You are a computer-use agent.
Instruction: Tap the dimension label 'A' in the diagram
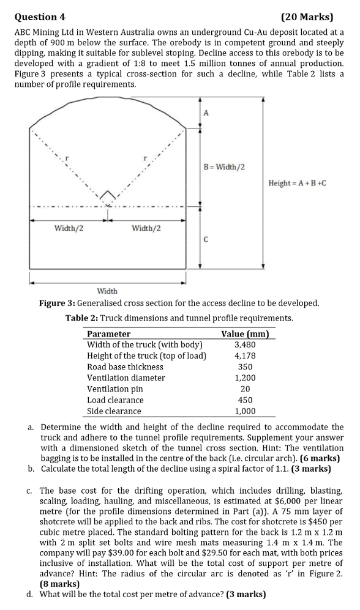206,113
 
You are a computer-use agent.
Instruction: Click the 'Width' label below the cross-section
108,291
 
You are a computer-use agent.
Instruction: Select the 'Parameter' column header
108,334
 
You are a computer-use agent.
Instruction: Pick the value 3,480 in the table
245,344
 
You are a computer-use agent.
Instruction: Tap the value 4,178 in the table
245,355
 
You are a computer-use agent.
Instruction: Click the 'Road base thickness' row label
126,366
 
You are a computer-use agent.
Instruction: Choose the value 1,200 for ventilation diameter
245,378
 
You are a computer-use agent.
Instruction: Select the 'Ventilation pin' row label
115,389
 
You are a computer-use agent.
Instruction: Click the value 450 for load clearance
245,400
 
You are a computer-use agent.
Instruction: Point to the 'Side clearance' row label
114,411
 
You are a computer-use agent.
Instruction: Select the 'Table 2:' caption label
81,318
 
